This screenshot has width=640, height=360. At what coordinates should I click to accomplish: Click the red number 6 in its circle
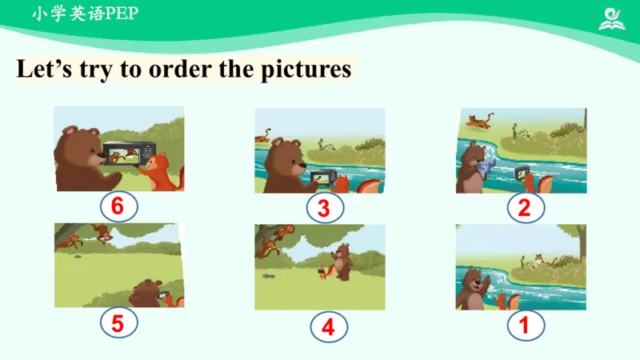(x=118, y=206)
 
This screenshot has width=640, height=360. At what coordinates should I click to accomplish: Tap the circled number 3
(x=325, y=208)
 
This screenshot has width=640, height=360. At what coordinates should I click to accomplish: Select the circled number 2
(x=526, y=208)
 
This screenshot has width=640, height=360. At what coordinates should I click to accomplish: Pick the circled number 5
(x=118, y=323)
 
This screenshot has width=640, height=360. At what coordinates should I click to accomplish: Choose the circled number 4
(x=329, y=326)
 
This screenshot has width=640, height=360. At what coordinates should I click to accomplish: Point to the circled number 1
(x=526, y=326)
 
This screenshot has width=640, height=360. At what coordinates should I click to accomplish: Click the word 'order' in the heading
(x=181, y=69)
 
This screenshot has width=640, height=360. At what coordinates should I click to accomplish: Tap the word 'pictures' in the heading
(x=306, y=70)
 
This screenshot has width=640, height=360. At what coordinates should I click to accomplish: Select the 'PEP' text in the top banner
(x=122, y=14)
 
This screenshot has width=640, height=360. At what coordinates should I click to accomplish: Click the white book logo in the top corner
(x=612, y=18)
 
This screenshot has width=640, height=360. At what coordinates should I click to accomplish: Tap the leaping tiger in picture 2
(x=479, y=121)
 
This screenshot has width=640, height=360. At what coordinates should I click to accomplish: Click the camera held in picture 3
(x=324, y=178)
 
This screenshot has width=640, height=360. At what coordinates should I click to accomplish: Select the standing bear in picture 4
(x=342, y=262)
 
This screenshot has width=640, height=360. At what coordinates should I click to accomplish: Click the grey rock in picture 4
(x=268, y=276)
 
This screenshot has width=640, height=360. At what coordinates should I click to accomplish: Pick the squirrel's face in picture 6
(x=154, y=163)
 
